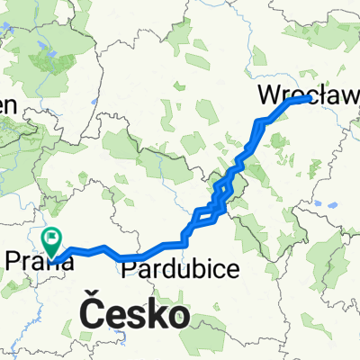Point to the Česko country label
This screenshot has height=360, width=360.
[135, 315]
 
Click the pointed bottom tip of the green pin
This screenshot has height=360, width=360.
[52, 256]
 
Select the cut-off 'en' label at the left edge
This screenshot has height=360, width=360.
[7, 104]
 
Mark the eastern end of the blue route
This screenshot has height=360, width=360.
[310, 101]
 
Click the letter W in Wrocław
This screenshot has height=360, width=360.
[269, 94]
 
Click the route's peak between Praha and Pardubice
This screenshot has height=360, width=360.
[104, 247]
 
